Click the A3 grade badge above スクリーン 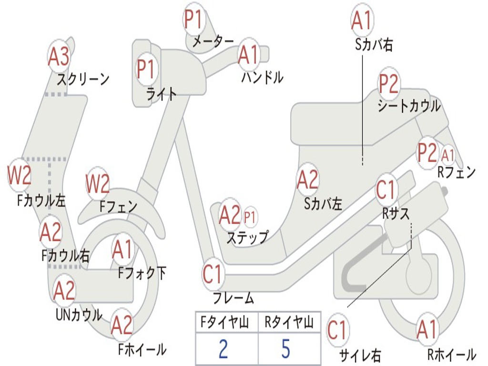point(59,57)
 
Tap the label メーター point(213,42)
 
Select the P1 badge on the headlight point(146,69)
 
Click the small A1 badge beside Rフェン point(448,155)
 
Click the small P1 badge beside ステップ point(250,217)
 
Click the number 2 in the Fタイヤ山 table point(223,348)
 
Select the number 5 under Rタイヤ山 point(285,348)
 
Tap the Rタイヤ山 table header point(289,323)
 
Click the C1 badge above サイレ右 point(337,330)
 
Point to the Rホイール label point(451,354)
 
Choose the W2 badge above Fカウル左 point(20,175)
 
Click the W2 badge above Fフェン point(98,183)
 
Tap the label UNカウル point(79,315)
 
